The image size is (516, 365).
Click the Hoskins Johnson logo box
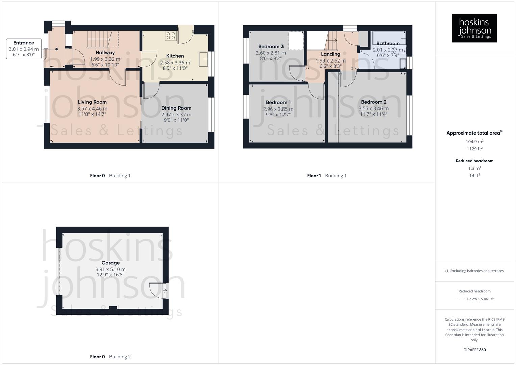[x=474, y=28]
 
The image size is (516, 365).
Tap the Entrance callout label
[x=24, y=43]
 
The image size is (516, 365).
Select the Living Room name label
[x=92, y=102]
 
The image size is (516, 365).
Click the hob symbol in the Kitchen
[x=170, y=36]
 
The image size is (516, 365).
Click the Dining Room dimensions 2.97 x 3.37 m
[x=176, y=115]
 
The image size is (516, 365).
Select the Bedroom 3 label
[x=271, y=47]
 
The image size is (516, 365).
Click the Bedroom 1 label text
[x=278, y=102]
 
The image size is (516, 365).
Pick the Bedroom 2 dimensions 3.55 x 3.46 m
[x=373, y=108]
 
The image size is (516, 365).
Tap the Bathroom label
[x=388, y=43]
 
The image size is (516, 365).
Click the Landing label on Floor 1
[x=330, y=54]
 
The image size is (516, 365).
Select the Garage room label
[x=110, y=263]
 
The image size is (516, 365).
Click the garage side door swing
[x=157, y=290]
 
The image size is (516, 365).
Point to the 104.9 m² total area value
[x=474, y=142]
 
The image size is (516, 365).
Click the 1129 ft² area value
[x=474, y=149]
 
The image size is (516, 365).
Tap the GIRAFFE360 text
[x=474, y=350]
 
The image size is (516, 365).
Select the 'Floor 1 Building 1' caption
[x=326, y=176]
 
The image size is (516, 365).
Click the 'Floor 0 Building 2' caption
[x=110, y=357]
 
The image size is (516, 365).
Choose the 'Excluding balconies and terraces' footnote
[x=474, y=271]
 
